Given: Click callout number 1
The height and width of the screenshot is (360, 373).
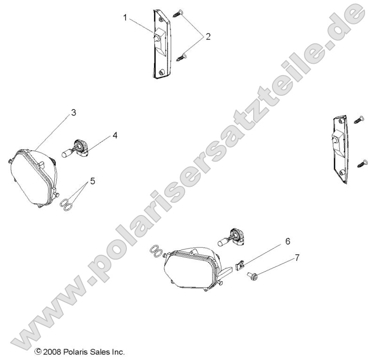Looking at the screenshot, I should click(125, 18).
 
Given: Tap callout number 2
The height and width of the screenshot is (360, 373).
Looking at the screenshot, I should click(208, 37).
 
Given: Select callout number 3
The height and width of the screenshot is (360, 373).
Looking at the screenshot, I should click(74, 113).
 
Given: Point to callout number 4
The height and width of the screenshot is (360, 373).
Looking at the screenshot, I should click(115, 135).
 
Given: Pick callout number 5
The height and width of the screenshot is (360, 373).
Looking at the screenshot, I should click(93, 180).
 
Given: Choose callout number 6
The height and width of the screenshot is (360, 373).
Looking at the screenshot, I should click(288, 241).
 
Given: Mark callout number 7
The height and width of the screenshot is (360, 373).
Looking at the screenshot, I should click(296, 258).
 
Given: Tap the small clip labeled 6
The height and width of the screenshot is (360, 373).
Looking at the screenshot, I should click(241, 266).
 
